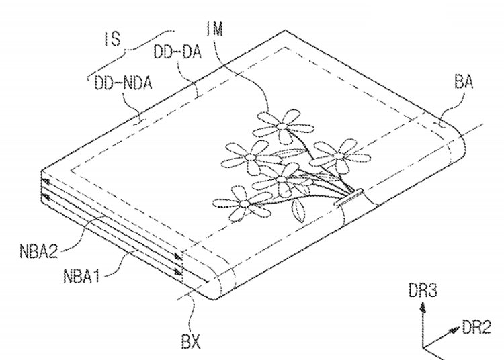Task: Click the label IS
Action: [x=112, y=39]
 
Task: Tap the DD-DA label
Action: [x=177, y=52]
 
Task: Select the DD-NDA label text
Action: [x=122, y=83]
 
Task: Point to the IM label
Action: [x=215, y=29]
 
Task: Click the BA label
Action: [x=464, y=81]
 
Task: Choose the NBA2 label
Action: [x=38, y=251]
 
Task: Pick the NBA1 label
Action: [x=81, y=275]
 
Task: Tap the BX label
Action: [x=191, y=341]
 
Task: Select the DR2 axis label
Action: [x=476, y=328]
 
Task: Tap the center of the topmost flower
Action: [x=282, y=126]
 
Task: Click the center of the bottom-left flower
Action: [x=245, y=203]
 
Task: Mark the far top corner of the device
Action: [x=285, y=30]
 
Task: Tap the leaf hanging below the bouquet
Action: [x=299, y=210]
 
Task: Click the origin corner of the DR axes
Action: [x=423, y=348]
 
